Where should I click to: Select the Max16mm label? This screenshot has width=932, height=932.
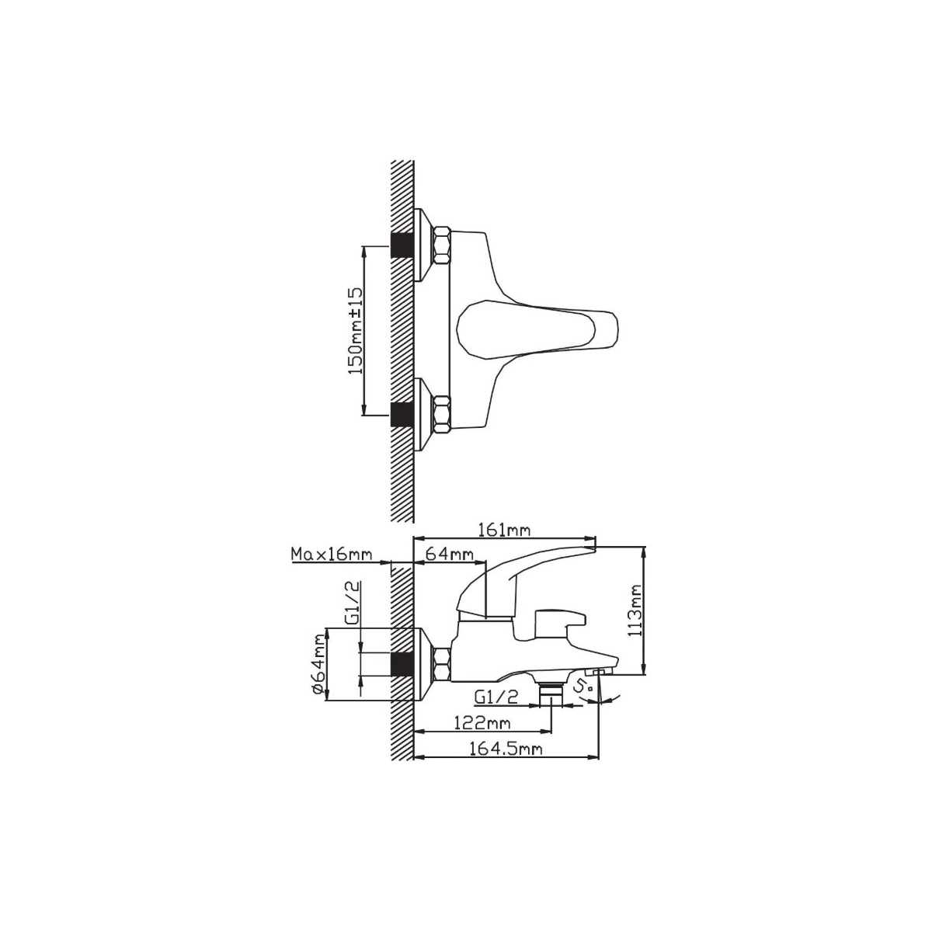click(x=332, y=555)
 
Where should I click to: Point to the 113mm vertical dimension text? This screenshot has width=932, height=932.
click(x=635, y=610)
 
